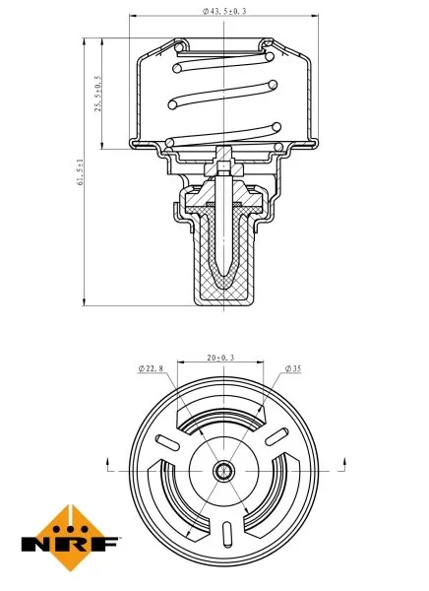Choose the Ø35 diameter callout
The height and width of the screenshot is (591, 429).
coord(292,368)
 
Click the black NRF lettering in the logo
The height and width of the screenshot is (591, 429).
coord(70,542)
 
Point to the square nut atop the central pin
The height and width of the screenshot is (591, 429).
coord(225,154)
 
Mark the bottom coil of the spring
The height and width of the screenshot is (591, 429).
coord(224,132)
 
